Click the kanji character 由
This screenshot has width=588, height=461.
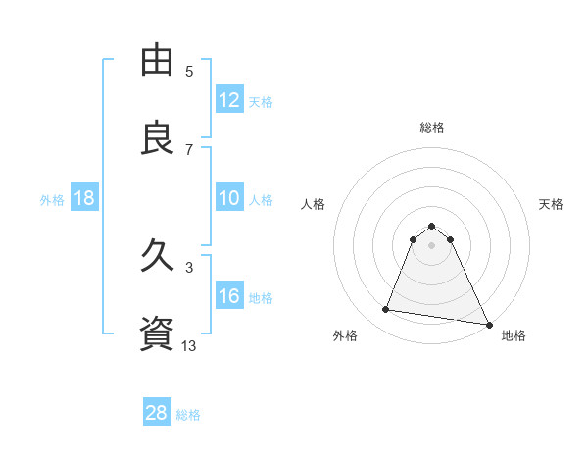tap(158, 61)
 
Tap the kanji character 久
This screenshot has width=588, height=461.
tap(158, 257)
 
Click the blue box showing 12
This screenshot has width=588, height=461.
tap(228, 100)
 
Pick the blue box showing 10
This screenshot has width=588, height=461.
tap(228, 199)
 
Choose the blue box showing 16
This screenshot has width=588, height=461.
tap(228, 297)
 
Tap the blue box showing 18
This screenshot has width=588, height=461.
tap(84, 199)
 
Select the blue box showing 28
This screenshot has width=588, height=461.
tap(157, 413)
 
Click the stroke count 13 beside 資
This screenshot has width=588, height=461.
tap(189, 344)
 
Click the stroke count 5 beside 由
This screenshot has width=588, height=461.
tap(189, 71)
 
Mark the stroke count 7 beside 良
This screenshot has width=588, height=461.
tap(189, 149)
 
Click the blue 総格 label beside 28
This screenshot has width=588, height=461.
tap(188, 415)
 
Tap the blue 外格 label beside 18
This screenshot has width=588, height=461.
tap(52, 200)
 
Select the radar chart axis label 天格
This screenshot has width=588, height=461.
tap(551, 204)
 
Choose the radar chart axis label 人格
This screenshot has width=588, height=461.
tap(313, 204)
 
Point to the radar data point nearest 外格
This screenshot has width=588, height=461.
tap(386, 310)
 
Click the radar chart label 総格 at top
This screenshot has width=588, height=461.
tap(432, 128)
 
